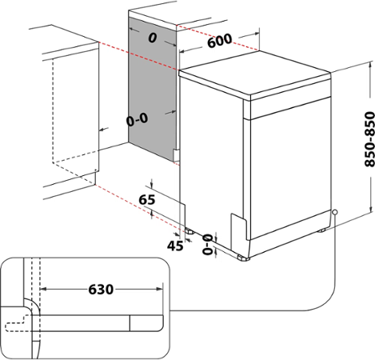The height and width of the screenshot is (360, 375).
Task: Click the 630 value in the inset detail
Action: pyautogui.click(x=99, y=287)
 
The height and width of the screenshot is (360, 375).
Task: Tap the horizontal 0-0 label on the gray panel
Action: pyautogui.click(x=137, y=119)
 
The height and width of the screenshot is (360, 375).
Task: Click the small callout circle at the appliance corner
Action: pyautogui.click(x=334, y=213)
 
